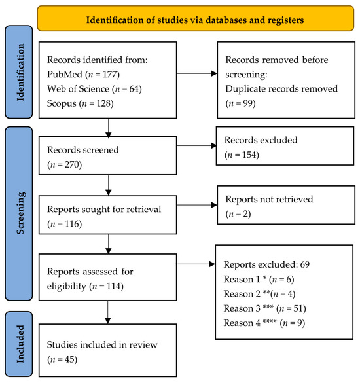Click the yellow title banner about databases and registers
pyautogui.click(x=196, y=18)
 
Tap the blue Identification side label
pyautogui.click(x=19, y=72)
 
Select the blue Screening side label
pyautogui.click(x=19, y=213)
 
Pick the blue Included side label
pyautogui.click(x=19, y=344)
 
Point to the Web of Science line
pyautogui.click(x=94, y=89)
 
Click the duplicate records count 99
pyautogui.click(x=247, y=103)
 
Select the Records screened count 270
pyautogui.click(x=73, y=164)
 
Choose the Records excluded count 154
pyautogui.click(x=250, y=155)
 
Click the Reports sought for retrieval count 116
pyautogui.click(x=73, y=224)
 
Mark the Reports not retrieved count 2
pyautogui.click(x=245, y=214)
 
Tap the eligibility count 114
pyautogui.click(x=115, y=286)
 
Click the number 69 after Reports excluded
pyautogui.click(x=305, y=264)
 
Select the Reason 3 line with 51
pyautogui.click(x=264, y=308)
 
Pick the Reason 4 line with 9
pyautogui.click(x=264, y=323)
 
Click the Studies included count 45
pyautogui.click(x=71, y=359)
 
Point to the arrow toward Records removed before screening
pyautogui.click(x=197, y=73)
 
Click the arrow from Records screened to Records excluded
pyautogui.click(x=197, y=146)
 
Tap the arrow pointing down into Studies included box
pyautogui.click(x=108, y=312)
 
